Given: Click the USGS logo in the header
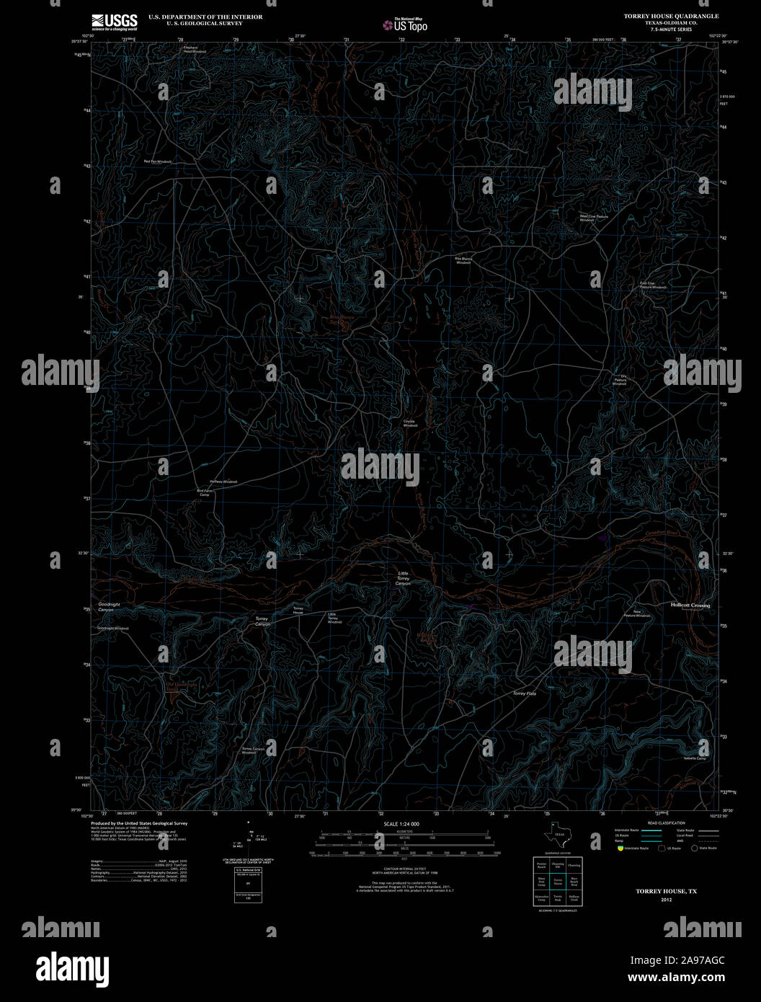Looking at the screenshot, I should pos(114,22).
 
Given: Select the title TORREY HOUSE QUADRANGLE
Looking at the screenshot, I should pos(666,16).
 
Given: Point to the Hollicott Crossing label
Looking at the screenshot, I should pos(690,606).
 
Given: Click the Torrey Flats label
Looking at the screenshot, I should pos(524,693).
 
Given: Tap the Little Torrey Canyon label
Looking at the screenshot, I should pos(403,578).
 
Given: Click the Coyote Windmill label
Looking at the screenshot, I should pos(410,424).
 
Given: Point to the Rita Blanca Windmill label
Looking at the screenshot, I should pos(463,260).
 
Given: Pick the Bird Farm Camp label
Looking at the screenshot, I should pos(204,493).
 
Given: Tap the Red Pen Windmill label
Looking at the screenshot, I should pos(158,161).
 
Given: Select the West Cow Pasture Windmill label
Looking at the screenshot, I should pos(595,218).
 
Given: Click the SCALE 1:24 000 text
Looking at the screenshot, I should pos(401,824).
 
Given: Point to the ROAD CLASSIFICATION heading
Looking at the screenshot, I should pos(667,823).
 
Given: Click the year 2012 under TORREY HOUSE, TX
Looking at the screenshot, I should pos(666,900).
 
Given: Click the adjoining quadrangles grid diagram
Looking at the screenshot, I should pos(558,880).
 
